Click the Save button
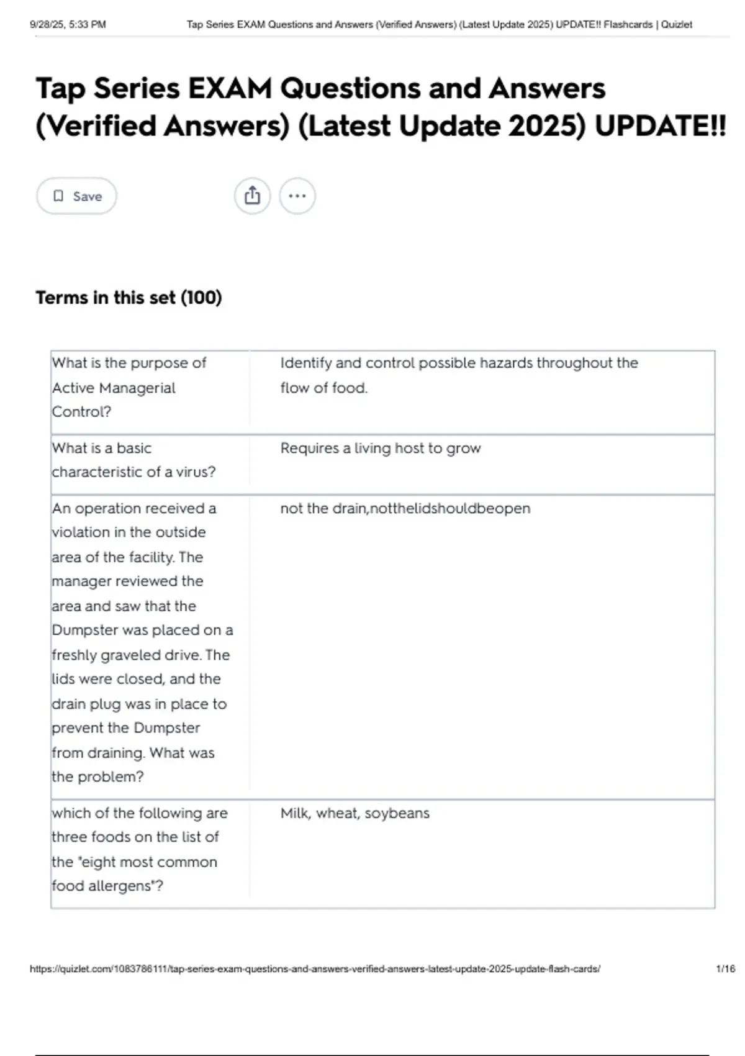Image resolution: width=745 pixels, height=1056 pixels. pyautogui.click(x=76, y=196)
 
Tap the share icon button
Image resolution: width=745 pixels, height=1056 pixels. pyautogui.click(x=252, y=196)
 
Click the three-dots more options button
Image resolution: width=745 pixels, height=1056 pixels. pyautogui.click(x=297, y=196)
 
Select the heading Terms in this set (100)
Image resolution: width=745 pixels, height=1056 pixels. pyautogui.click(x=129, y=298)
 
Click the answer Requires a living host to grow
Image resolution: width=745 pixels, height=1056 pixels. pyautogui.click(x=380, y=448)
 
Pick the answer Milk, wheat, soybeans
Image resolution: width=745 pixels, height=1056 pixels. pyautogui.click(x=354, y=813)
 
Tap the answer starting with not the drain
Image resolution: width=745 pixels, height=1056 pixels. pyautogui.click(x=405, y=508)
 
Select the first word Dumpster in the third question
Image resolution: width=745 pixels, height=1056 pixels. pyautogui.click(x=85, y=630)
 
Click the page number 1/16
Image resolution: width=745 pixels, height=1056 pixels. pyautogui.click(x=725, y=968)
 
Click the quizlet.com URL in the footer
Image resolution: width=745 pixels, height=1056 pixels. pyautogui.click(x=315, y=968)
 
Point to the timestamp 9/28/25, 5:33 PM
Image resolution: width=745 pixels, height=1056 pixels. pyautogui.click(x=68, y=25)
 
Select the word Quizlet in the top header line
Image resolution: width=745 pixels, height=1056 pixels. pyautogui.click(x=676, y=25)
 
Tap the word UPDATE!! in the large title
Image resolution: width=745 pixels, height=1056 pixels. pyautogui.click(x=659, y=126)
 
